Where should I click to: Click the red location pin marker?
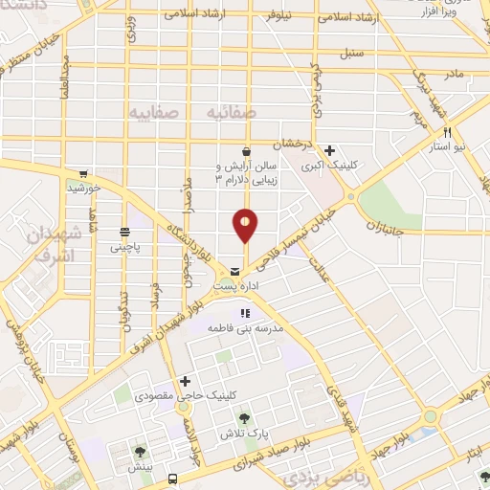pyautogui.click(x=245, y=224)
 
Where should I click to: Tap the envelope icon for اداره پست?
pyautogui.click(x=234, y=273)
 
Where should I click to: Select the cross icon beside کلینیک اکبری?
pyautogui.click(x=329, y=150)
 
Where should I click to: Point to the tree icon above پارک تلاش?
pyautogui.click(x=245, y=418)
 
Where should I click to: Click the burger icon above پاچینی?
pyautogui.click(x=124, y=232)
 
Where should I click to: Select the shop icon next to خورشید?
pyautogui.click(x=84, y=175)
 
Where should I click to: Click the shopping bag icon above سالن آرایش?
pyautogui.click(x=246, y=151)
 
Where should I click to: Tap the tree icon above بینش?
pyautogui.click(x=140, y=451)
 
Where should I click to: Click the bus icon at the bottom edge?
pyautogui.click(x=172, y=479)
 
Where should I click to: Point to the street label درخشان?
pyautogui.click(x=291, y=145)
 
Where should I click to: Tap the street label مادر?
pyautogui.click(x=452, y=73)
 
